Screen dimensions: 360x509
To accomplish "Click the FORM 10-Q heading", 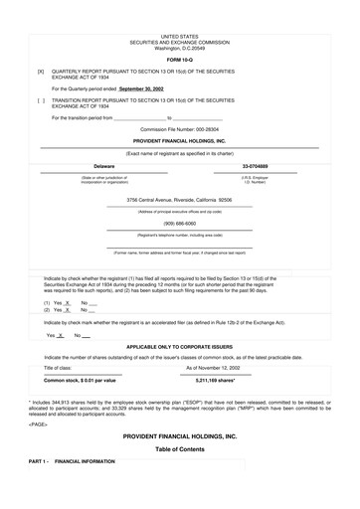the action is pyautogui.click(x=180, y=59).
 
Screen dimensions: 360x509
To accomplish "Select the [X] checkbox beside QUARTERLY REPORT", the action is pyautogui.click(x=41, y=73).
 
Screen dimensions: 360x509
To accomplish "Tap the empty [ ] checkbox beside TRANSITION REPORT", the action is pyautogui.click(x=41, y=100).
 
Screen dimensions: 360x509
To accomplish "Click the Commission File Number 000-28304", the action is pyautogui.click(x=180, y=129).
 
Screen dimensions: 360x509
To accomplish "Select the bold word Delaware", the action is pyautogui.click(x=104, y=166).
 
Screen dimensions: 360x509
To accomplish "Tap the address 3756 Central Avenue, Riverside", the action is pyautogui.click(x=180, y=200).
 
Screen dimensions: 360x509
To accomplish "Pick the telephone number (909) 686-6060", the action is pyautogui.click(x=180, y=224).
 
